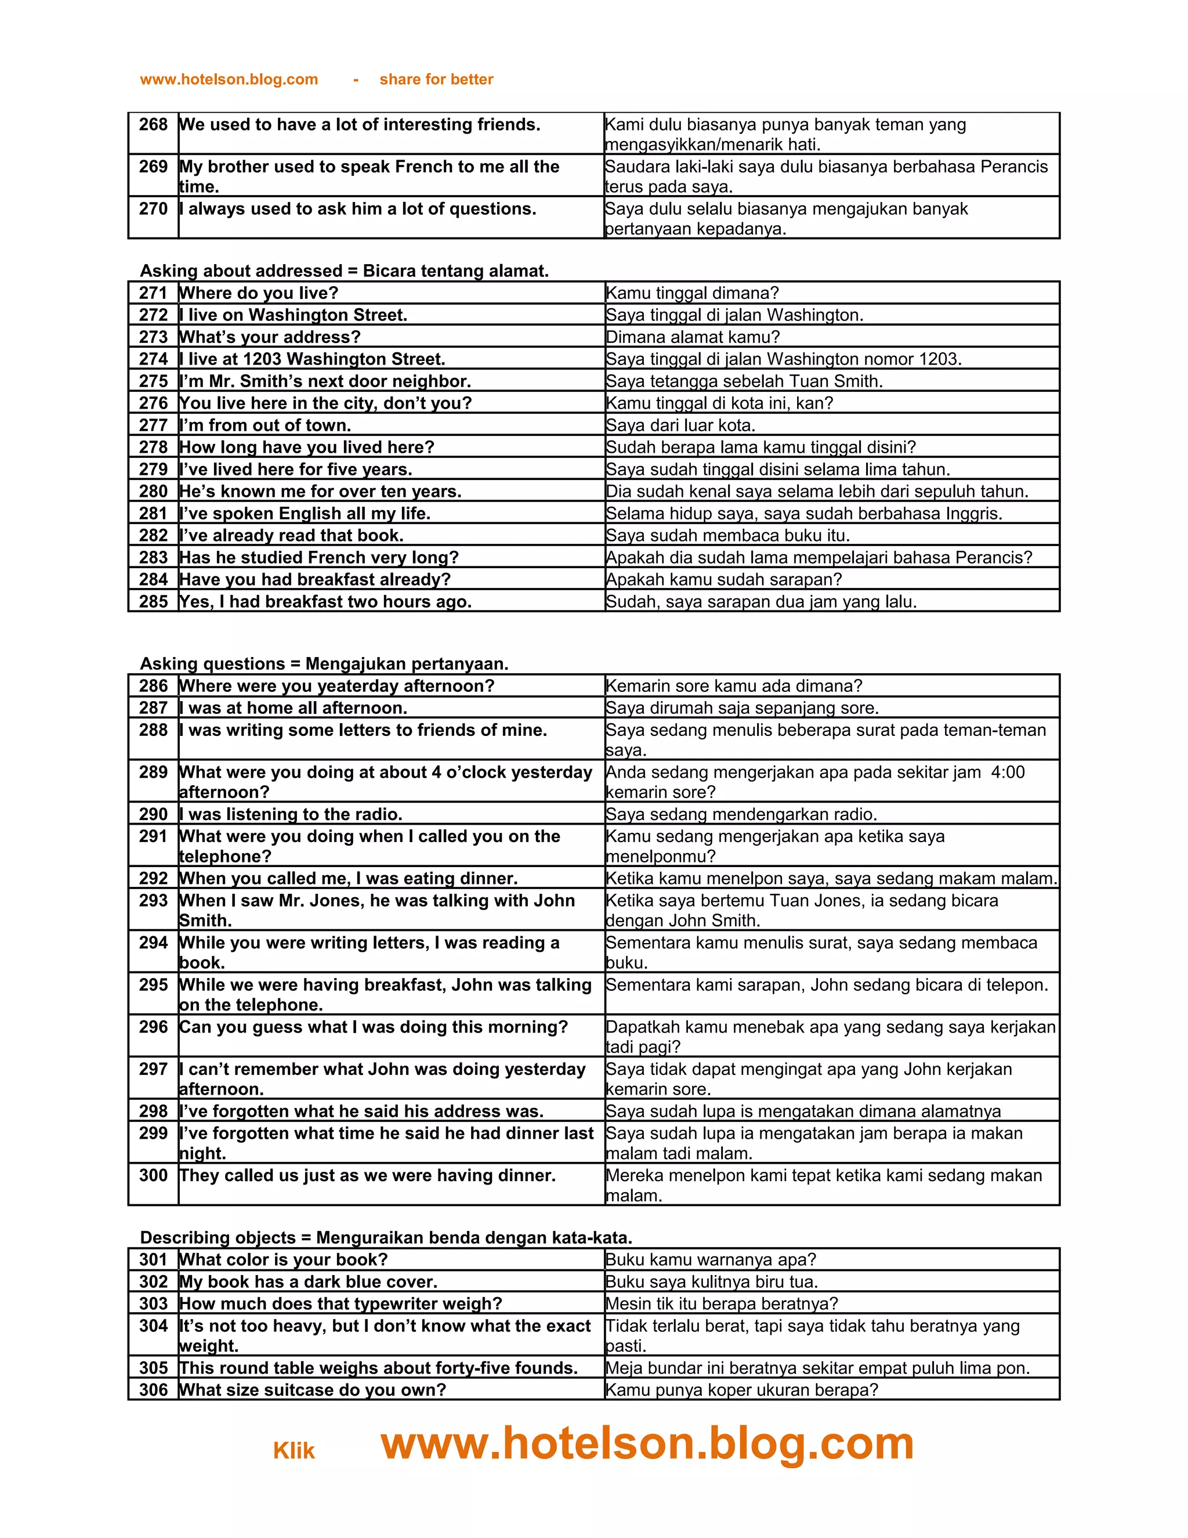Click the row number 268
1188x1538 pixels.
click(x=153, y=125)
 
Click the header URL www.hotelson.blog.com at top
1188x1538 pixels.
click(x=229, y=80)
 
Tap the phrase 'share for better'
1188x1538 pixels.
click(x=436, y=80)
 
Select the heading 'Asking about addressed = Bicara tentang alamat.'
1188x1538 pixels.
click(x=344, y=271)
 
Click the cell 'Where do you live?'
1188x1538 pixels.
click(x=259, y=293)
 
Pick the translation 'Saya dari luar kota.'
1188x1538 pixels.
click(x=680, y=425)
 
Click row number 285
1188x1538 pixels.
click(x=153, y=601)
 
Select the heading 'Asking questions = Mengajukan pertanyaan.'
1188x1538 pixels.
click(x=324, y=664)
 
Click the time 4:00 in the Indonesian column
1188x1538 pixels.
click(x=1007, y=772)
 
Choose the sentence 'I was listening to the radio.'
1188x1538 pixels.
click(x=291, y=815)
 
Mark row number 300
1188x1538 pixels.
click(x=153, y=1175)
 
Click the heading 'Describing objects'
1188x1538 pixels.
click(x=218, y=1237)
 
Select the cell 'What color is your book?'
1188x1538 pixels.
click(x=284, y=1259)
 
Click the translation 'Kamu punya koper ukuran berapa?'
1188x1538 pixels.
click(x=742, y=1389)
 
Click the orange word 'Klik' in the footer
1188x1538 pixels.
click(x=294, y=1451)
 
